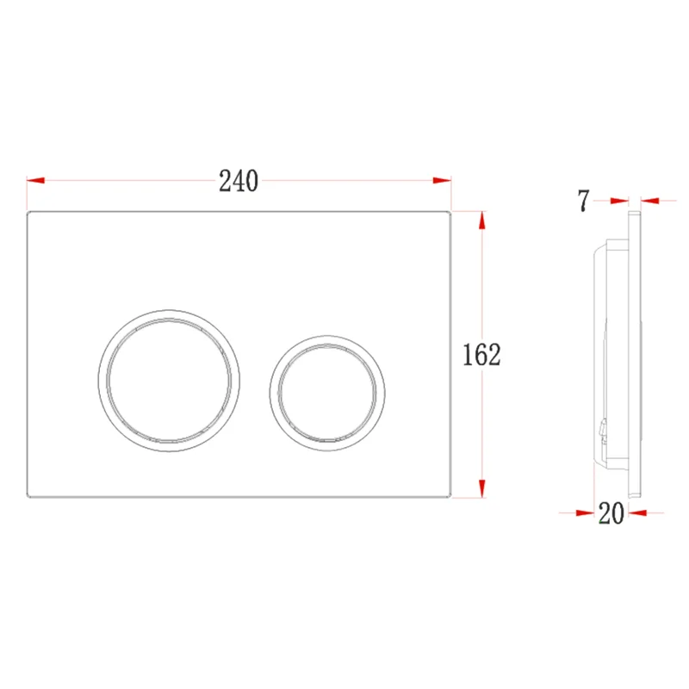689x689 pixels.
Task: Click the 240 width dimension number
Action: pyautogui.click(x=239, y=181)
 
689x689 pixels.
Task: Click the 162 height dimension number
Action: pyautogui.click(x=481, y=355)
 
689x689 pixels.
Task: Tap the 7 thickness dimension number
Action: pyautogui.click(x=583, y=201)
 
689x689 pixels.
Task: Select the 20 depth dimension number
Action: pyautogui.click(x=611, y=512)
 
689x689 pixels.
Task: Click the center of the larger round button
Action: pyautogui.click(x=169, y=381)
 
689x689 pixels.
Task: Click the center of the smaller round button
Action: pyautogui.click(x=327, y=394)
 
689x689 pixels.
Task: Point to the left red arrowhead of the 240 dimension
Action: pyautogui.click(x=35, y=180)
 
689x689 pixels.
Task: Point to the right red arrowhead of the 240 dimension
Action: pyautogui.click(x=442, y=180)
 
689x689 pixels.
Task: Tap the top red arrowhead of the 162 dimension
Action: pyautogui.click(x=482, y=220)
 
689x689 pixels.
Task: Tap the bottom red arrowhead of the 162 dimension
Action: pyautogui.click(x=482, y=488)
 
